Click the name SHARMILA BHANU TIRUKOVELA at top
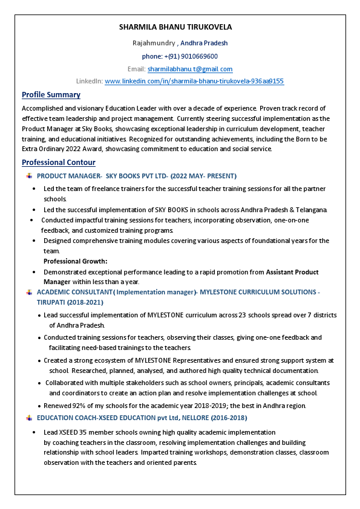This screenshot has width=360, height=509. (x=175, y=27)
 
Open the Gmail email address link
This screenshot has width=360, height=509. (x=190, y=69)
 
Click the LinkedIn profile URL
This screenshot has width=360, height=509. (x=194, y=81)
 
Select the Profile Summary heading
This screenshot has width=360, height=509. (x=51, y=95)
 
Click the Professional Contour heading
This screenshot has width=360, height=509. (x=58, y=163)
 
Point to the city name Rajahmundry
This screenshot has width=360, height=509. (x=154, y=43)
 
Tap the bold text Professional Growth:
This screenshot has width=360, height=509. (x=76, y=261)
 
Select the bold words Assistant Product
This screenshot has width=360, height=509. (x=292, y=272)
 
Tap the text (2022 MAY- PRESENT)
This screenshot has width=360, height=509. (x=203, y=176)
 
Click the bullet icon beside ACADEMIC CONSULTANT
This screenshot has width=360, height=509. (x=29, y=293)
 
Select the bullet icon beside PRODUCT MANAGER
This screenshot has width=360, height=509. (x=29, y=176)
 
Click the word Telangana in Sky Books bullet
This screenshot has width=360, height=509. (x=310, y=210)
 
